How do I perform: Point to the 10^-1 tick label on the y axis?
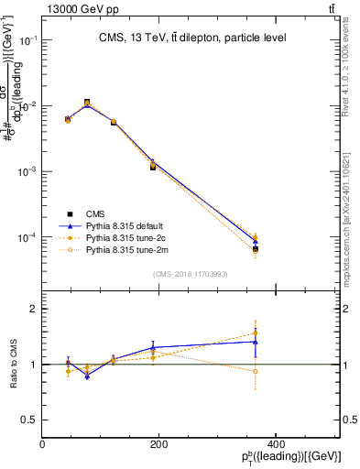[27, 41]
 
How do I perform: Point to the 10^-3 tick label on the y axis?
[27, 172]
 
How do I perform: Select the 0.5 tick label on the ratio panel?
[28, 420]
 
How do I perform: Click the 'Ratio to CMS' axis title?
[13, 365]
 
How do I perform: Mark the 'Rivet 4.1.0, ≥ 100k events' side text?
[352, 73]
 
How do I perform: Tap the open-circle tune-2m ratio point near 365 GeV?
[333, 371]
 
